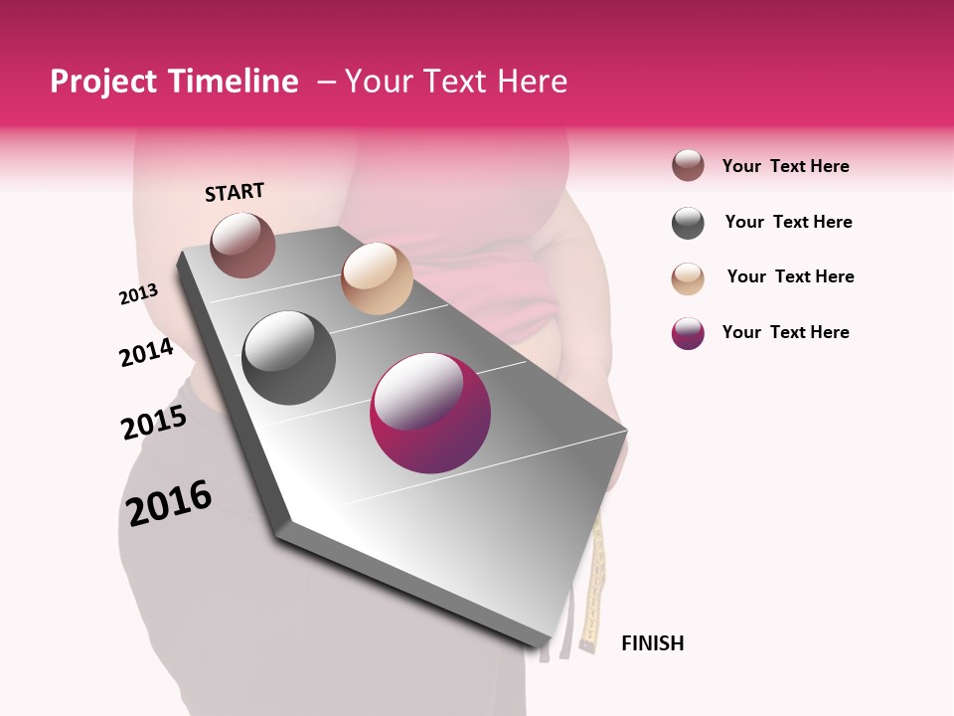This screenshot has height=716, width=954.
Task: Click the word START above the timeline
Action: (x=235, y=192)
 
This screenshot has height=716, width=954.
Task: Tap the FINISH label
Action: (x=652, y=643)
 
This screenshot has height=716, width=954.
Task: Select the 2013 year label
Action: (x=138, y=294)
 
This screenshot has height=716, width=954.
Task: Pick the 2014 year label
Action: (x=146, y=353)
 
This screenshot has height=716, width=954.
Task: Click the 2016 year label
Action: (x=169, y=502)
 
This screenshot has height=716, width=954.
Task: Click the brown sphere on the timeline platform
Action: (x=243, y=245)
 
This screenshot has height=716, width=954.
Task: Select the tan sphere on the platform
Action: (x=377, y=278)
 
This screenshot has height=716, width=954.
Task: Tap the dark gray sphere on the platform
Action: (x=288, y=358)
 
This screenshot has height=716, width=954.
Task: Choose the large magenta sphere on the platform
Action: (x=430, y=413)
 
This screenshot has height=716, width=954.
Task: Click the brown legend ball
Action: (x=688, y=166)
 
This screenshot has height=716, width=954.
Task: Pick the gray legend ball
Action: (x=688, y=223)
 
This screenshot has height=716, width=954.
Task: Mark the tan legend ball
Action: (x=688, y=278)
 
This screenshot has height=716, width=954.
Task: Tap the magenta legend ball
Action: (x=688, y=333)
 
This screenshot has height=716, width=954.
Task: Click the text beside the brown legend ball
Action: (x=785, y=166)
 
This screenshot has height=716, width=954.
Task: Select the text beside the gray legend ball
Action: (x=788, y=222)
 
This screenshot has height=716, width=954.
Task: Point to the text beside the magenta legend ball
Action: (x=785, y=332)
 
